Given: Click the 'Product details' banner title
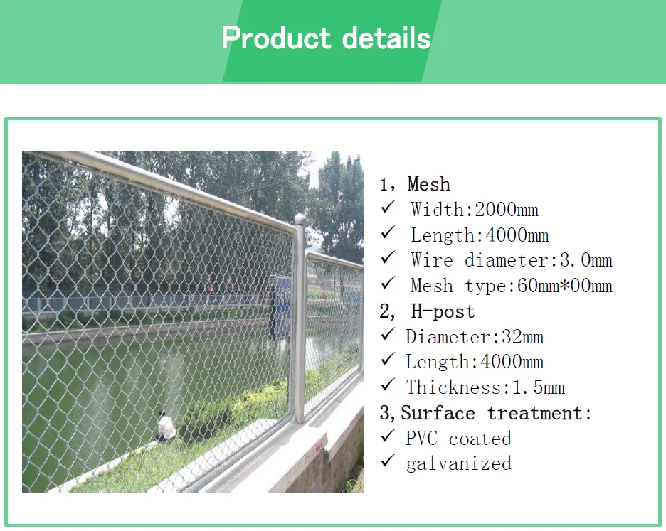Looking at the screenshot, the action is (x=326, y=38).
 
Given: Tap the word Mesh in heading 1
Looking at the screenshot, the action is (x=428, y=184).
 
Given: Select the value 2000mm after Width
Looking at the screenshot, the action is (x=507, y=210).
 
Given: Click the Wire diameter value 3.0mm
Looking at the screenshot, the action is (x=586, y=260).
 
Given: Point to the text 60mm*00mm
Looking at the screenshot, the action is (x=565, y=286).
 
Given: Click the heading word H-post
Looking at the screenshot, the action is (x=443, y=311).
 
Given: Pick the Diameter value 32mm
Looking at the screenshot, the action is (x=522, y=337).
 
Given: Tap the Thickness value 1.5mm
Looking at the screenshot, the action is (x=539, y=387).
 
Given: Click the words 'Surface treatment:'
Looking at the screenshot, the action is (x=496, y=413).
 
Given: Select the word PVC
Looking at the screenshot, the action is (x=421, y=439).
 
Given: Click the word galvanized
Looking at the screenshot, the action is (x=459, y=463).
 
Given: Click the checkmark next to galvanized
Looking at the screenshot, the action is (x=388, y=461).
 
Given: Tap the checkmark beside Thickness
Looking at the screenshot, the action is (x=388, y=385).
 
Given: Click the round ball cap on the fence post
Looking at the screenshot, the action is (x=300, y=220).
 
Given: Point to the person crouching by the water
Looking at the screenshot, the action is (x=166, y=427).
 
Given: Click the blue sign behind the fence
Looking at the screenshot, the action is (x=280, y=306).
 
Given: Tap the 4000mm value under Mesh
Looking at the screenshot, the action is (x=517, y=235).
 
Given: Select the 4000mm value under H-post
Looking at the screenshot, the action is (x=512, y=362).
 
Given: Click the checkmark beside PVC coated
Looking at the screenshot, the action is (x=388, y=436).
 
